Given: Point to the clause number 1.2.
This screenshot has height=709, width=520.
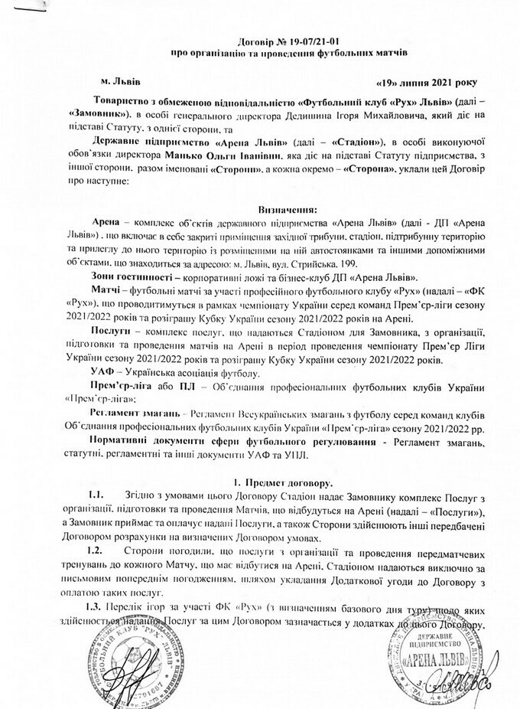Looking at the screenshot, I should coord(98,551).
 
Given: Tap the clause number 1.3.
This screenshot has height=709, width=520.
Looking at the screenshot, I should coord(98,606).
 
